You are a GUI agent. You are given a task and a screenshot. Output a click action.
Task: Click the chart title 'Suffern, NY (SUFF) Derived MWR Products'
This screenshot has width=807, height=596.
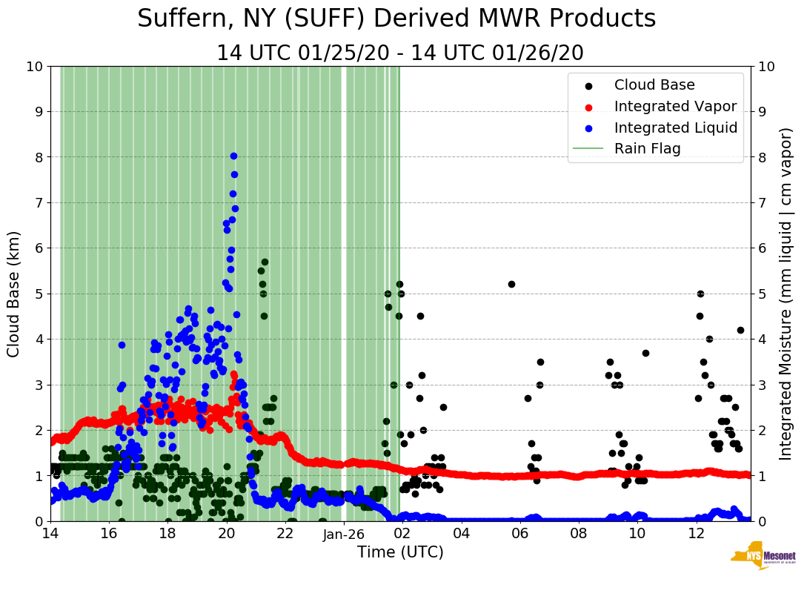pos(396,19)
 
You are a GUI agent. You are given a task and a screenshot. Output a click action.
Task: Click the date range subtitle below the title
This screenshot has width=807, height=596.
pos(400,53)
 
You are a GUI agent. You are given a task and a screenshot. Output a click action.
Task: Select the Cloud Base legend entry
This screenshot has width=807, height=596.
pos(654,85)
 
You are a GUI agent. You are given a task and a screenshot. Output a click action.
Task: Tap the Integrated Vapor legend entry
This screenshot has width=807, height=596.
pos(675,106)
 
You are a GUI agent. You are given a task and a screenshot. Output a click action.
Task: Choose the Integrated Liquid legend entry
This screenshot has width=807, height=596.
pos(676,128)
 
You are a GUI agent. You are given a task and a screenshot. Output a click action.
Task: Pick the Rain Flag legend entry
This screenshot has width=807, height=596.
pos(647,148)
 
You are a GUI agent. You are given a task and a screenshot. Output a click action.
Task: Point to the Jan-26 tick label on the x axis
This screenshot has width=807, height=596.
pos(344,534)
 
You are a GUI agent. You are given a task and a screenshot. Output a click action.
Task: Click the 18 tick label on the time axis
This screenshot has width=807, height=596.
pos(167,534)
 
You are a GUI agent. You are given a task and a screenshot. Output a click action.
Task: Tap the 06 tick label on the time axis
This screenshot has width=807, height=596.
pos(519,534)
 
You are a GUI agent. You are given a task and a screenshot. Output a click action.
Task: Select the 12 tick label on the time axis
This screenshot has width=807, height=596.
pos(696,534)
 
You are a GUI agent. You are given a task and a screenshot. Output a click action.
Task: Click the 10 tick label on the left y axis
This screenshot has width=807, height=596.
pos(34,67)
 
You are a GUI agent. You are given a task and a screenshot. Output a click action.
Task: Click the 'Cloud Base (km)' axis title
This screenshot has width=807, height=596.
pos(14,294)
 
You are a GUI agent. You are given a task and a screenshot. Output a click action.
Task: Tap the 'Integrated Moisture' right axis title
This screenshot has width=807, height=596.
pos(786,294)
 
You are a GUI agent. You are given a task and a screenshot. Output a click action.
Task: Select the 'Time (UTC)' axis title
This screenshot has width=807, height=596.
pos(400,552)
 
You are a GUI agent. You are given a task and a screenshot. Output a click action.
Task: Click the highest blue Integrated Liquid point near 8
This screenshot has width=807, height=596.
pos(233,156)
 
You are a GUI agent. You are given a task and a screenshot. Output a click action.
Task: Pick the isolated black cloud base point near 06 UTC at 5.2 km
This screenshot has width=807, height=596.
pos(511,284)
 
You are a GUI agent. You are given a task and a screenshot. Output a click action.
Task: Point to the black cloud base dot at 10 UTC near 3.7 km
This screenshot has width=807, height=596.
pos(645,353)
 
